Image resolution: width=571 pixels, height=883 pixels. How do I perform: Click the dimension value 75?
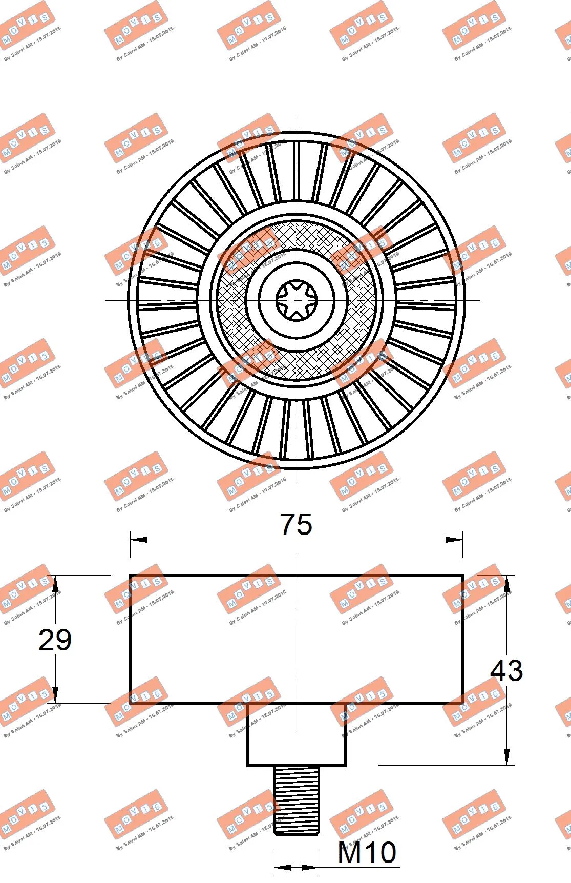tap(296, 524)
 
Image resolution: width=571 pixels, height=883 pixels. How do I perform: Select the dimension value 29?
tap(55, 640)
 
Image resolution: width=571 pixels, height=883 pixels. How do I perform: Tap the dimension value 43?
tap(506, 670)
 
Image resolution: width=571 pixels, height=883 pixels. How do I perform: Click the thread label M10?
tap(367, 852)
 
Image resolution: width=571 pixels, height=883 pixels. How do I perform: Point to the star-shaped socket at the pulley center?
tap(297, 300)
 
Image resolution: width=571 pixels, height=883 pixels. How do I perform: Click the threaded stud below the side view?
tap(297, 799)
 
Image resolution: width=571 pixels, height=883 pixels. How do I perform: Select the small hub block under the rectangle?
tap(297, 734)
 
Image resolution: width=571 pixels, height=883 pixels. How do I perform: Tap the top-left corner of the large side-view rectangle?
tap(131, 576)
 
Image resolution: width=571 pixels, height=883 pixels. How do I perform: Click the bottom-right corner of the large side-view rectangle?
tap(463, 703)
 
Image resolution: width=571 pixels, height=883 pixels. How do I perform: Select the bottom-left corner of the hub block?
tap(248, 766)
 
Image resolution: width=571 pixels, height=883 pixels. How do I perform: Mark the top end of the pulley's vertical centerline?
tap(297, 118)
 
